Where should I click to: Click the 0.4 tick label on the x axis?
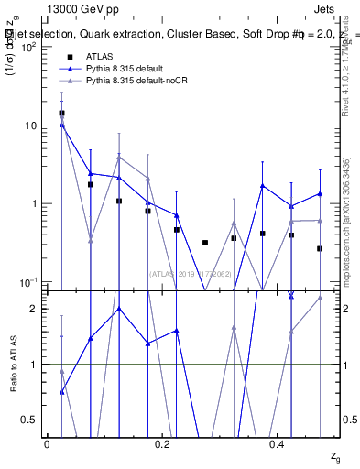pos(278,442)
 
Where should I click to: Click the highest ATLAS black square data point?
pos(61,114)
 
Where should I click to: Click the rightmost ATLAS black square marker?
pos(320,248)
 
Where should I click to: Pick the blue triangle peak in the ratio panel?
pos(119,309)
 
